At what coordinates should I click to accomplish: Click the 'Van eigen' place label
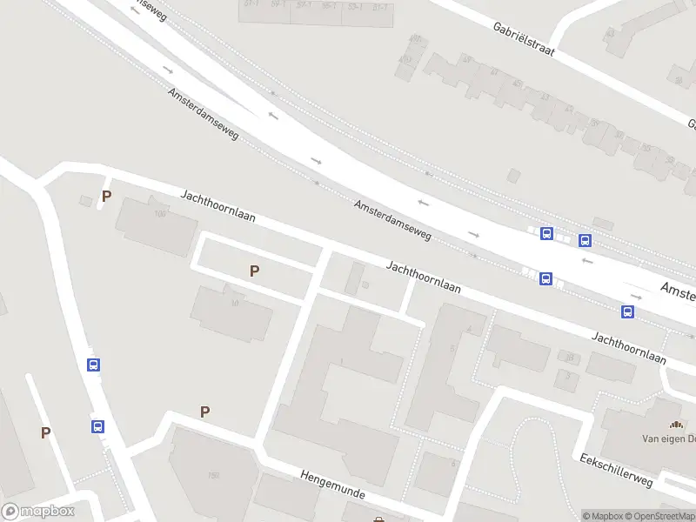668,439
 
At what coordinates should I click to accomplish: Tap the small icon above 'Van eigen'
676,425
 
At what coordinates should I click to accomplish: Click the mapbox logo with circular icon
37,512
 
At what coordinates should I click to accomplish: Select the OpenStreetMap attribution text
658,516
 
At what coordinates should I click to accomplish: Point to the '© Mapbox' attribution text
603,516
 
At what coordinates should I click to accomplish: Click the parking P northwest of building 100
106,197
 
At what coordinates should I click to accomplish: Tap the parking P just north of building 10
254,271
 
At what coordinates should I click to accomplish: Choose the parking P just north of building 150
205,412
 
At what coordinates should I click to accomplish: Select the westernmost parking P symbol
45,432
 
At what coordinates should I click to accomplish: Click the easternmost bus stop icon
627,311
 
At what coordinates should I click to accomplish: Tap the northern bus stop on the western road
93,365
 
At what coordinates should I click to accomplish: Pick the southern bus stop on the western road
97,426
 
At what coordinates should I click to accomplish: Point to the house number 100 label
159,214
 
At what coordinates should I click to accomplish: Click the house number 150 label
213,475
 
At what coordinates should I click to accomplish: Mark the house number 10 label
235,304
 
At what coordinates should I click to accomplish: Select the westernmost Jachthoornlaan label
217,205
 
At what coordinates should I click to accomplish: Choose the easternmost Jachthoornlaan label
628,347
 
